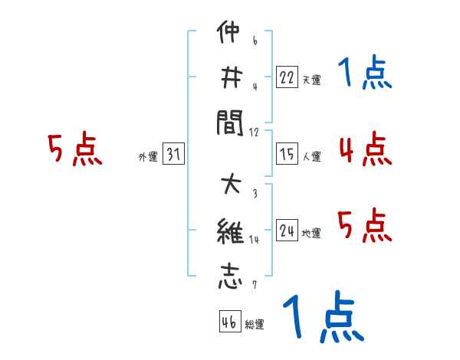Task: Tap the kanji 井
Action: point(229,77)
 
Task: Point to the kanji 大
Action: point(229,187)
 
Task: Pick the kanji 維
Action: point(229,231)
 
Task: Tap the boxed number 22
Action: point(287,77)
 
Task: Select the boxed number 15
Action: point(287,154)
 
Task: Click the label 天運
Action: point(311,80)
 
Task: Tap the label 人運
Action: point(311,156)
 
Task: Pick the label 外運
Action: point(148,156)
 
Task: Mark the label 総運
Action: point(255,324)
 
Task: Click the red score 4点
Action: point(365,149)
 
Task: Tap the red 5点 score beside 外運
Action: point(74,149)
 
